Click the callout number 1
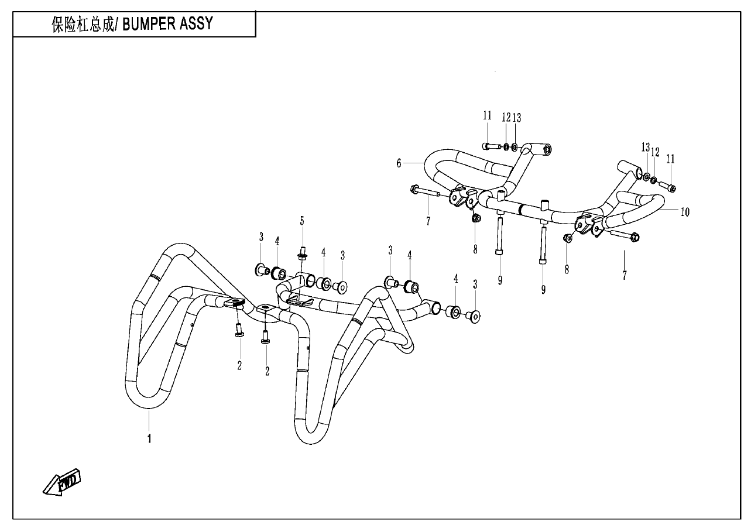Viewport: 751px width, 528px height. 149,438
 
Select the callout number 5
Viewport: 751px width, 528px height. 302,221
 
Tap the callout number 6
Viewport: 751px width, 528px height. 399,163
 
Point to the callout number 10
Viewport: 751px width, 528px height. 685,212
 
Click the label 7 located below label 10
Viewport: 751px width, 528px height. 624,275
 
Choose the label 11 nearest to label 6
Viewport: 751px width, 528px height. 487,116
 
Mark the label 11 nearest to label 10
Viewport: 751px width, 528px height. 670,159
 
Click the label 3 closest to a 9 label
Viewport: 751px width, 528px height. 475,284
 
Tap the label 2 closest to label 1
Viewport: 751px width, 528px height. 239,365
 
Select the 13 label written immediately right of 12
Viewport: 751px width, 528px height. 516,118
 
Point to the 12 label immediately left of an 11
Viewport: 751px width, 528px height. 656,152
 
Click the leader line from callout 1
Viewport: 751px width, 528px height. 149,420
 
